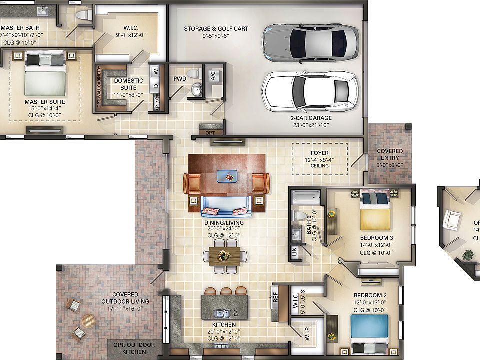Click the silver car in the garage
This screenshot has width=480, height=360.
[x=310, y=42]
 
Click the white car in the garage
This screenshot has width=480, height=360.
[x=310, y=91]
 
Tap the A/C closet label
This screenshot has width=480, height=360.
[x=213, y=76]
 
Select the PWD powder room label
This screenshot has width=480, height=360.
[x=180, y=79]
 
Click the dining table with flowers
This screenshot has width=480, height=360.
[x=225, y=255]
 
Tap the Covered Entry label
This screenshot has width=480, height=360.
[x=390, y=158]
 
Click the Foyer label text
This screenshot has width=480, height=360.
[x=320, y=154]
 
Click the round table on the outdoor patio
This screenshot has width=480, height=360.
[x=88, y=320]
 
